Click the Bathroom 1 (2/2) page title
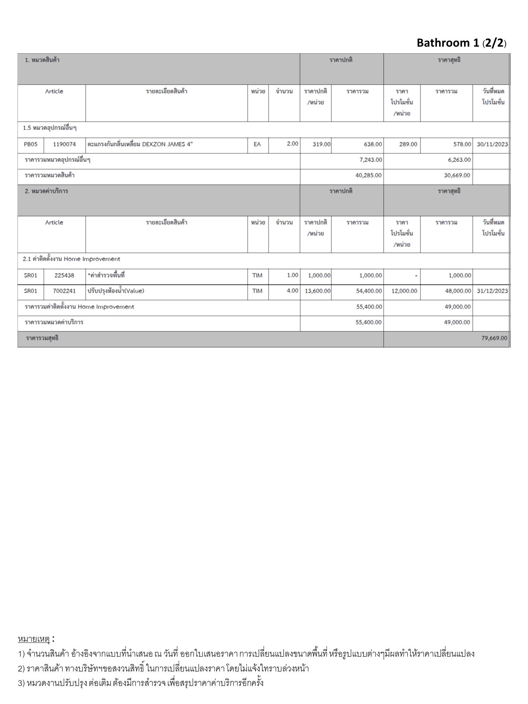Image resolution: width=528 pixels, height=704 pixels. pos(461,43)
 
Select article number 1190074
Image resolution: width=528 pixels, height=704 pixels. pos(64,144)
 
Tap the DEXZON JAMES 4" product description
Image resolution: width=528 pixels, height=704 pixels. pos(140,144)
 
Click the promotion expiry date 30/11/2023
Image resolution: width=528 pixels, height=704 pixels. pos(492,144)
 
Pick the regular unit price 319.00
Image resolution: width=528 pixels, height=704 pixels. pos(321,144)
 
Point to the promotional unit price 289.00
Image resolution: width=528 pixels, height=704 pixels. pos(408,144)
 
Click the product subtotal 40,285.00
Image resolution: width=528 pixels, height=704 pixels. pos(368,176)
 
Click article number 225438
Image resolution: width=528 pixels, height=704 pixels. pos(64,275)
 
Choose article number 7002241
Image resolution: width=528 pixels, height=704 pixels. pos(64,291)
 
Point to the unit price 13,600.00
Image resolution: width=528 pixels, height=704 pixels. pos(318,291)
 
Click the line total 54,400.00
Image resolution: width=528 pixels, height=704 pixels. pos(369,291)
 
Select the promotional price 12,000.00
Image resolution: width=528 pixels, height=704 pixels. pos(404,291)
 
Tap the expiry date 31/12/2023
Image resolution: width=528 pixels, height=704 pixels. pos(492,291)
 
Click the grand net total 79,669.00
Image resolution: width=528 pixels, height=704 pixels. pos(494,338)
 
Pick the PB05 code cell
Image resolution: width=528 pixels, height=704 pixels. pos(31,144)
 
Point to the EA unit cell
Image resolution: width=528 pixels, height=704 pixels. pos(257,144)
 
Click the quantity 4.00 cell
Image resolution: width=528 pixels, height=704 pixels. pos(292,291)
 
